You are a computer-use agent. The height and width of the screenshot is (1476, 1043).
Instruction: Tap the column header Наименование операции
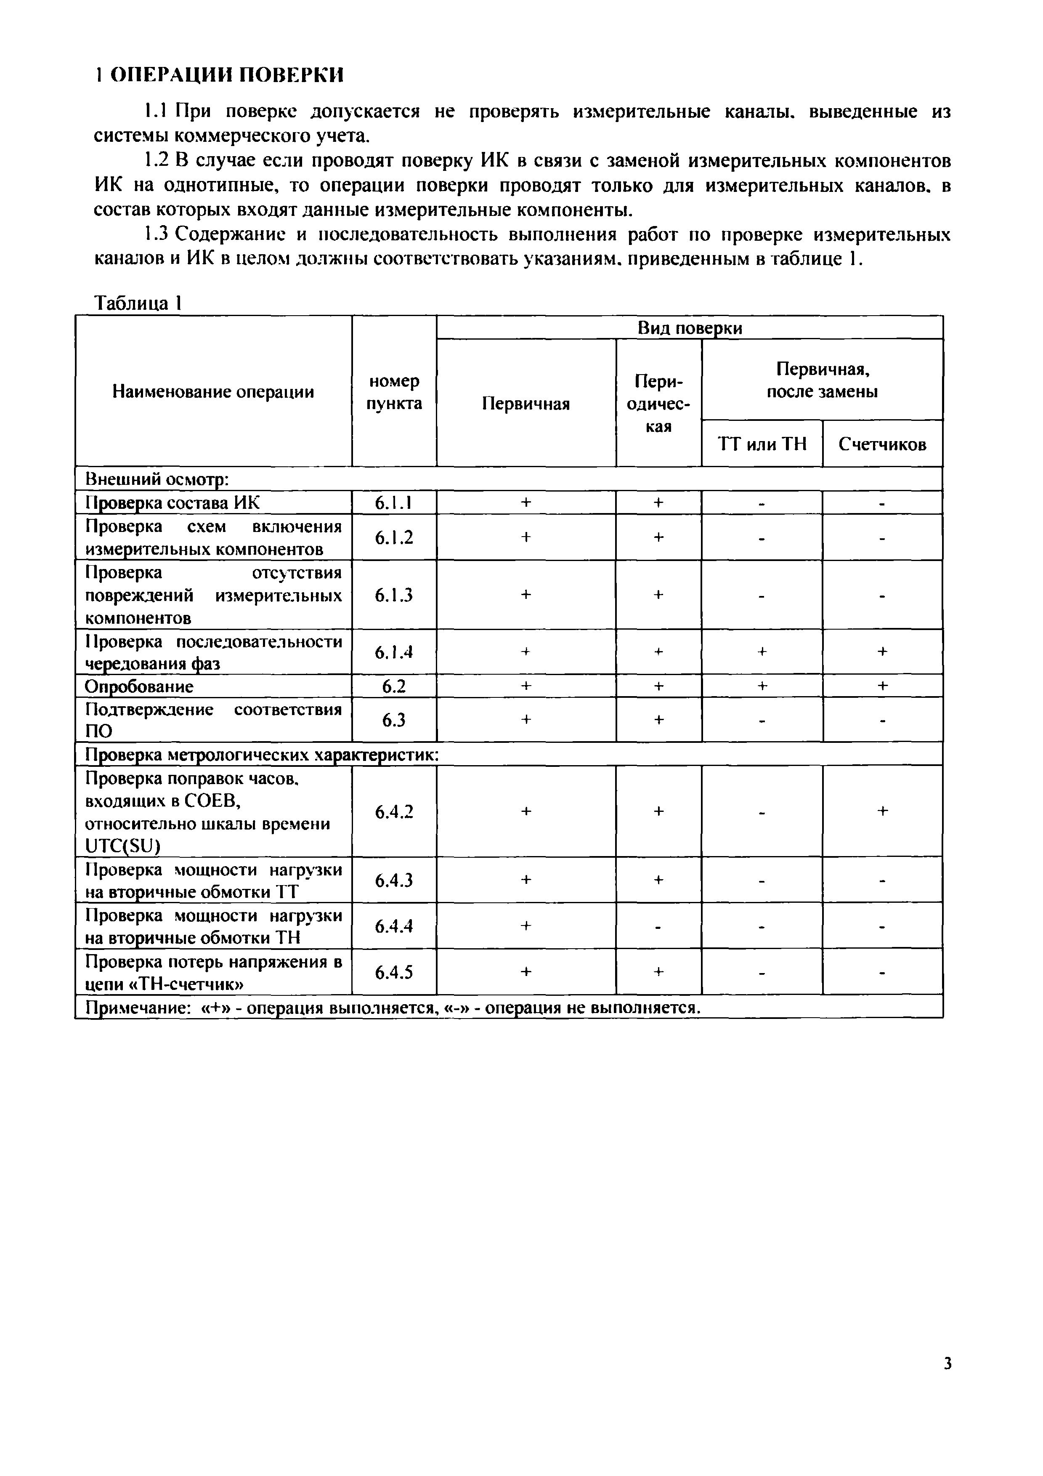213,391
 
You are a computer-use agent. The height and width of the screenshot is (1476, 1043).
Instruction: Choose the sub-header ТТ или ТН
762,444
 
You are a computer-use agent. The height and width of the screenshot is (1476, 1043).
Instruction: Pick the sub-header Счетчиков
882,444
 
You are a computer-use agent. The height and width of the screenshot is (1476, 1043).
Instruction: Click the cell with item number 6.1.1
393,503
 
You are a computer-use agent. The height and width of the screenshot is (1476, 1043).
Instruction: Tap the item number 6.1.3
393,595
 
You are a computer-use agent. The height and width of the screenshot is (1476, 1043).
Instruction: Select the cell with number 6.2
393,686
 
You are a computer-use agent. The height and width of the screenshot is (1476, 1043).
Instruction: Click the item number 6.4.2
393,811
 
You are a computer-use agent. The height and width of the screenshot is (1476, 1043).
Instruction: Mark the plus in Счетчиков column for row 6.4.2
882,811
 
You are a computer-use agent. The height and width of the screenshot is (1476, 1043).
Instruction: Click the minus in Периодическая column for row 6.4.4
658,926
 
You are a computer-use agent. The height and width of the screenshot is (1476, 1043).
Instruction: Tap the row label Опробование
139,686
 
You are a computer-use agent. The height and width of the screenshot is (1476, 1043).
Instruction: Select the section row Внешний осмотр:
157,479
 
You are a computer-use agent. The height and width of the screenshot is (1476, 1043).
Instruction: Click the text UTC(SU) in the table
122,847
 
